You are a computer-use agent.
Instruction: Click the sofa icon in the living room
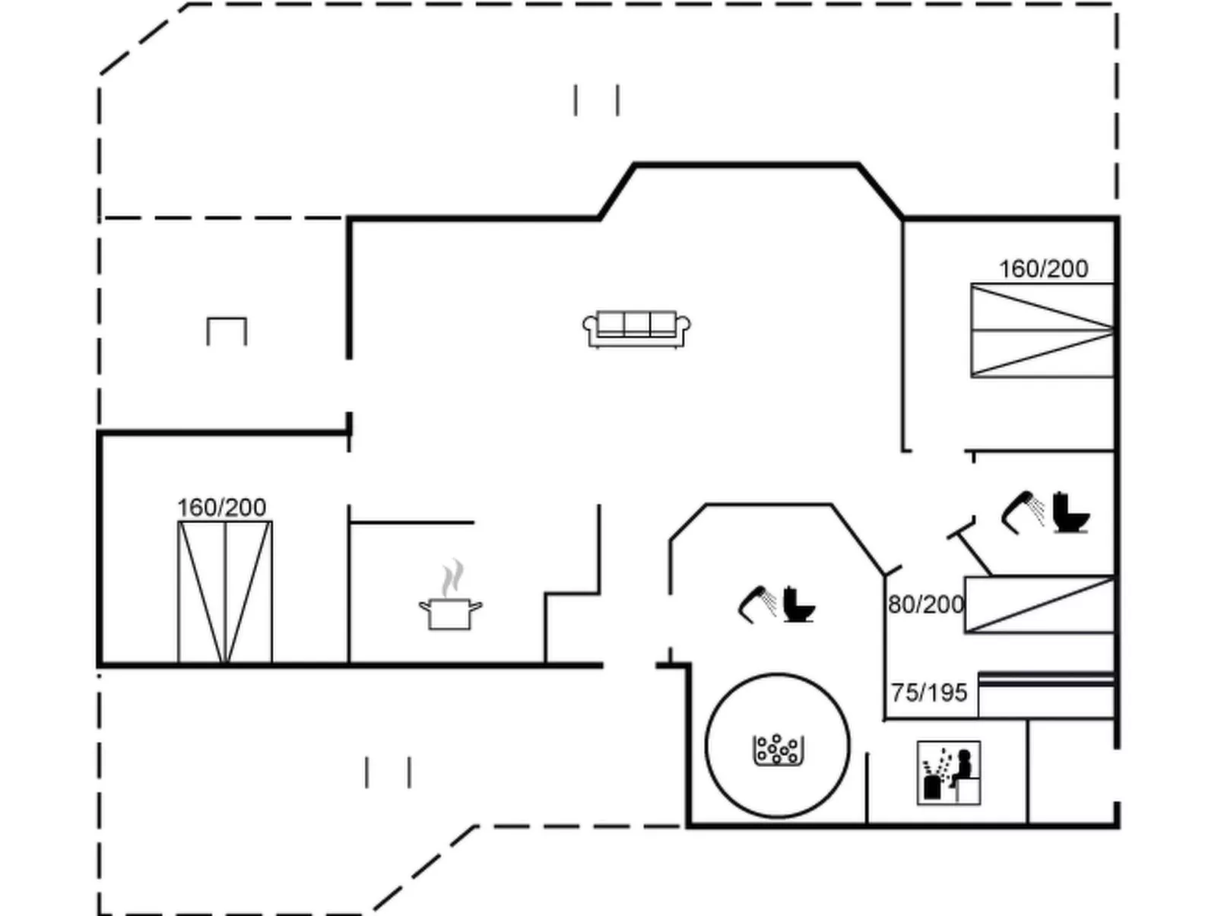[x=636, y=328]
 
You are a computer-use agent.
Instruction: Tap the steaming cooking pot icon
[x=450, y=613]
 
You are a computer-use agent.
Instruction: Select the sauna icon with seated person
[x=949, y=773]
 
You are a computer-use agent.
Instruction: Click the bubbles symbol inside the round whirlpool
[x=778, y=750]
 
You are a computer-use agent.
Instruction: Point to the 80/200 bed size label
[x=925, y=604]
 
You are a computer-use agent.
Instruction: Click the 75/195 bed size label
[x=929, y=693]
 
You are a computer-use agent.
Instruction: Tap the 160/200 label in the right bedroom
[x=1043, y=268]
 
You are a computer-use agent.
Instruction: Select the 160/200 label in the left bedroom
[x=221, y=507]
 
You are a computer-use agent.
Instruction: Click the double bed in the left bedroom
[x=225, y=592]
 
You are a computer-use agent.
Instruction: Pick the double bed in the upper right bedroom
[x=1042, y=330]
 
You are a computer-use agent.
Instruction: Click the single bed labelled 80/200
[x=1039, y=605]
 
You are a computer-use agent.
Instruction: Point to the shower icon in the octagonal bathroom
[x=757, y=603]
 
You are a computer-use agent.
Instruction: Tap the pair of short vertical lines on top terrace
[x=597, y=100]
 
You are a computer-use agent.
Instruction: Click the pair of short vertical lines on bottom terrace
[x=388, y=772]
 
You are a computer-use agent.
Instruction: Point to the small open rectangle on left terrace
[x=227, y=331]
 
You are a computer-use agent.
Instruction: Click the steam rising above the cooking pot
[x=452, y=578]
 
